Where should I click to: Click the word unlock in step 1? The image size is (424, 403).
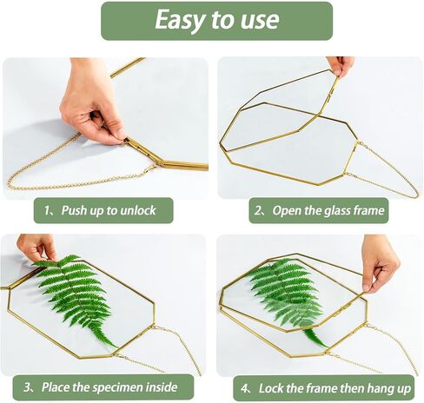pyautogui.click(x=138, y=210)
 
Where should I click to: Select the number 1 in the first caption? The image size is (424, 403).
pyautogui.click(x=47, y=210)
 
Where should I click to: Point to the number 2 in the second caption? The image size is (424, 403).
pyautogui.click(x=258, y=210)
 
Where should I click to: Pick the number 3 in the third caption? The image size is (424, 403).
pyautogui.click(x=27, y=387)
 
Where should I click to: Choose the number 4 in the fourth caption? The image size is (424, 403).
pyautogui.click(x=244, y=388)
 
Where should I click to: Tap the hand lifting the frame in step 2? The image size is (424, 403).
pyautogui.click(x=340, y=66)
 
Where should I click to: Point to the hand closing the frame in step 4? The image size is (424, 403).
pyautogui.click(x=380, y=263)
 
